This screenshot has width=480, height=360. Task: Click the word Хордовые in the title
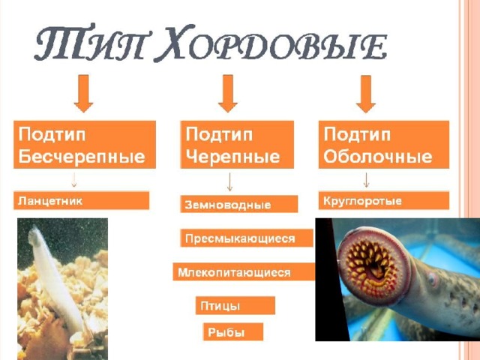tap(272, 43)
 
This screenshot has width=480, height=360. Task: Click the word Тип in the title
tap(88, 43)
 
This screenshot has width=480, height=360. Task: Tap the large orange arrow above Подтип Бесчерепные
tap(83, 93)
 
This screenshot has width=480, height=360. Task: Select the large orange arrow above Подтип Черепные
tap(228, 93)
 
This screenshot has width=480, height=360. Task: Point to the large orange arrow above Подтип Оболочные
tap(366, 93)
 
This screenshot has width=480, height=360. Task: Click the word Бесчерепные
tap(82, 157)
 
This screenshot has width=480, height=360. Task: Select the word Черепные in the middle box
tap(232, 157)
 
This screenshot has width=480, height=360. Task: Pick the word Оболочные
tap(378, 157)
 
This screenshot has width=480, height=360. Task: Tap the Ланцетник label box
tap(82, 201)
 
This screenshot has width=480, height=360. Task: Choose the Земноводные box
tap(239, 204)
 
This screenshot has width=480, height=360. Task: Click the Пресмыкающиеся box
tap(247, 238)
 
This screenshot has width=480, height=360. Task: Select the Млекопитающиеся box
tap(244, 271)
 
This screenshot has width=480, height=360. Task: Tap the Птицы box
tap(235, 305)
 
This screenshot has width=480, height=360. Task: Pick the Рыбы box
tap(233, 331)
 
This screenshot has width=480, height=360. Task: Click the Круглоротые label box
tap(384, 201)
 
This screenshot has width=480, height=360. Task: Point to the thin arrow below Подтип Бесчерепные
tap(73, 180)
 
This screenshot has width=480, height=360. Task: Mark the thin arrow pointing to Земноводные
tap(229, 181)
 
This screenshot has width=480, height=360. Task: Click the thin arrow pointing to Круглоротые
tap(366, 180)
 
